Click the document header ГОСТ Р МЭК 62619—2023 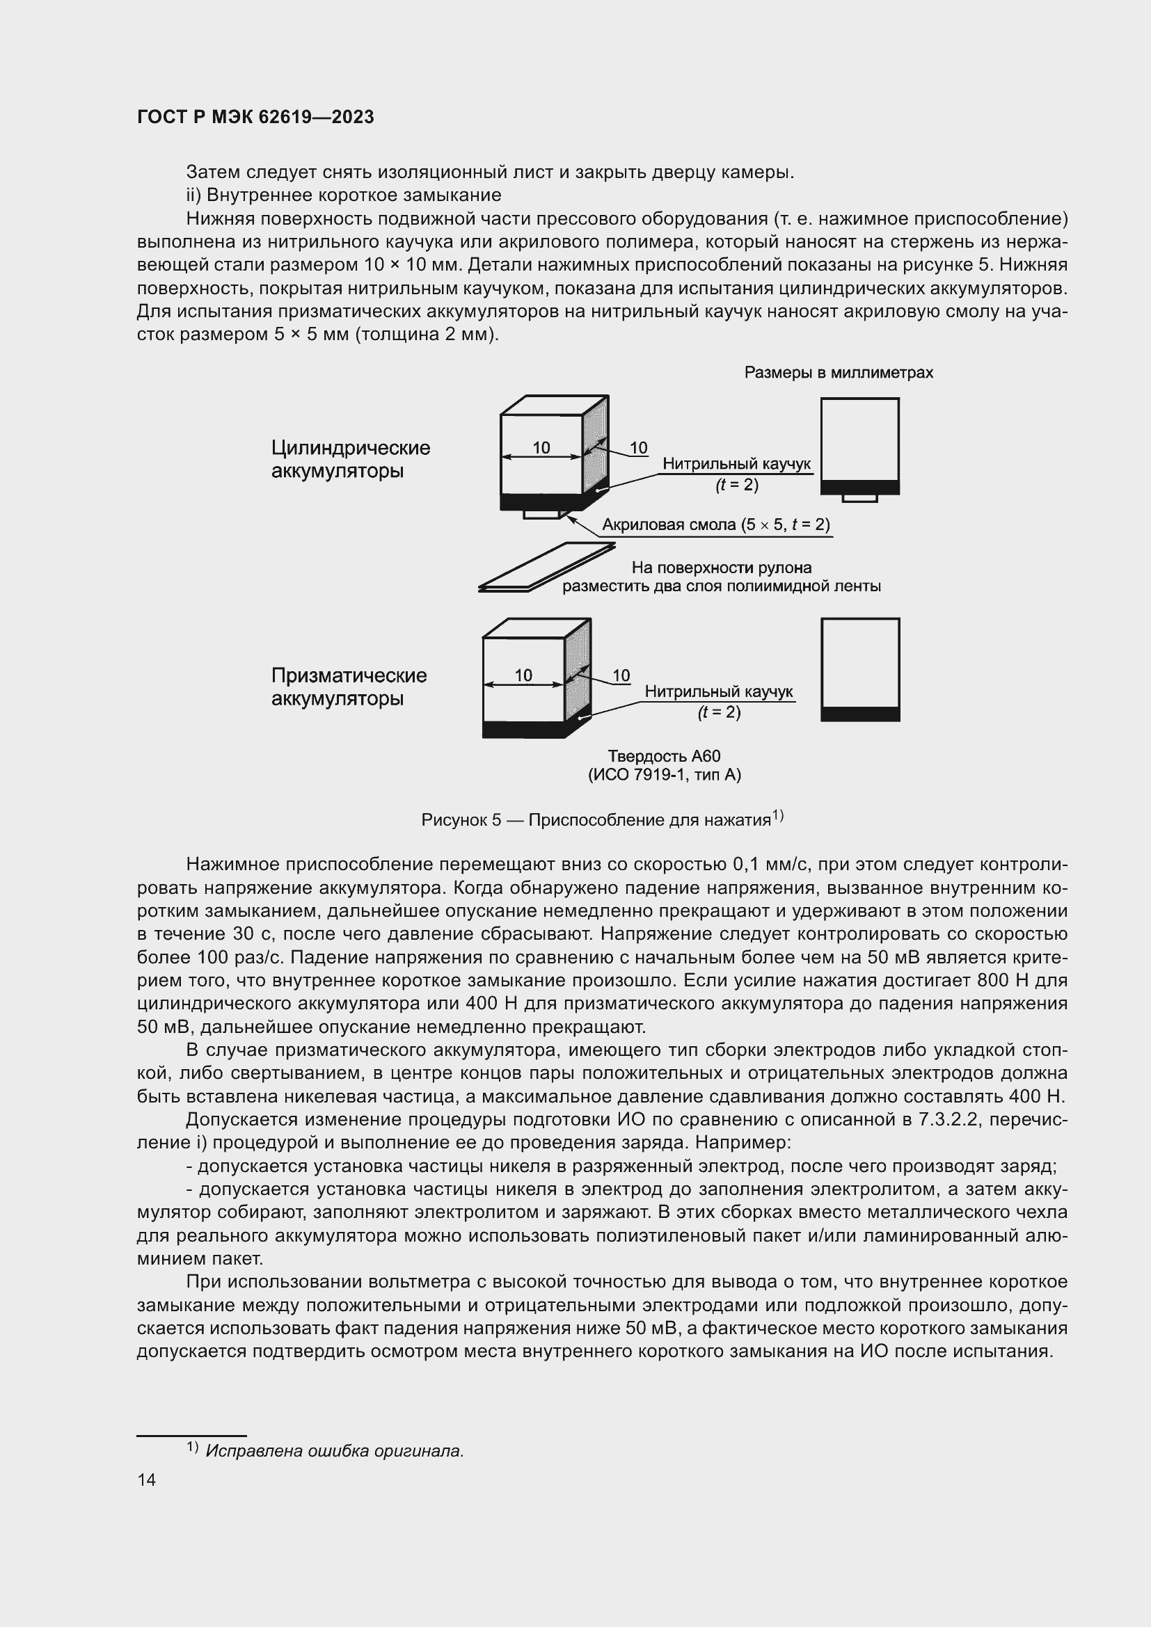point(255,117)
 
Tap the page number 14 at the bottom point(146,1480)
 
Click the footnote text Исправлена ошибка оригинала point(334,1450)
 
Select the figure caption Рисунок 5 point(602,820)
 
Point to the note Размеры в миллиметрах point(838,373)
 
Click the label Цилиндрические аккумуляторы point(350,459)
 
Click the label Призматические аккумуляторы point(349,687)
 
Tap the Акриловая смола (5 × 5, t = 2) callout point(715,525)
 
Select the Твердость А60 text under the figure point(664,756)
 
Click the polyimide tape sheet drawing point(546,567)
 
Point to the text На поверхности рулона point(721,568)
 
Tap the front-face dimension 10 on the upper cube point(541,448)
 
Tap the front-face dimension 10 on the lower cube point(523,675)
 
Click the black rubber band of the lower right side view point(859,714)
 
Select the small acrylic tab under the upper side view point(859,499)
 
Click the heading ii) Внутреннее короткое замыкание point(343,195)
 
